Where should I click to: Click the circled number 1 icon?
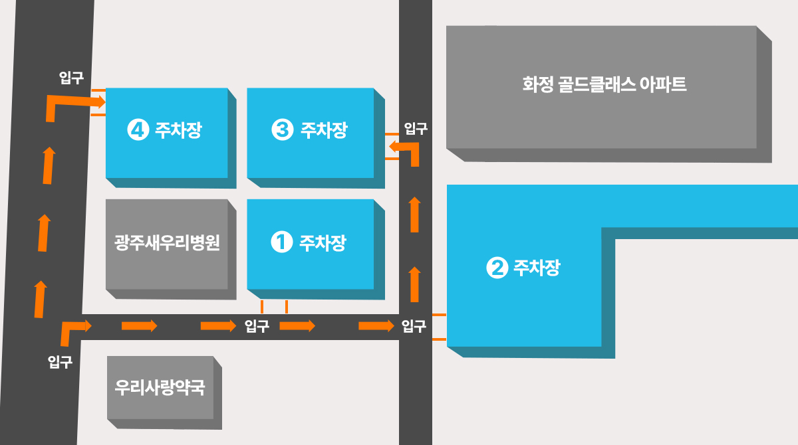click(x=282, y=242)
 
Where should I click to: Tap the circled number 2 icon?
click(x=497, y=268)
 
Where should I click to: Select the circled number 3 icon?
click(x=283, y=130)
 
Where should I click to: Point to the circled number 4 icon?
click(x=138, y=130)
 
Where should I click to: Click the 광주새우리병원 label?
click(x=167, y=243)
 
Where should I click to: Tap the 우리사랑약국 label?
click(x=160, y=387)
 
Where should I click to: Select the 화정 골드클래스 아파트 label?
click(x=604, y=84)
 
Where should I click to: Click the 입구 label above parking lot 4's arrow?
click(x=71, y=78)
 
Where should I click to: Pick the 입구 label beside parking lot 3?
click(x=416, y=128)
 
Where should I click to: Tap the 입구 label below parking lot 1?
click(x=257, y=326)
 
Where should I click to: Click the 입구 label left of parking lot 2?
click(x=414, y=326)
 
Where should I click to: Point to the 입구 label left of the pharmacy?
click(x=60, y=362)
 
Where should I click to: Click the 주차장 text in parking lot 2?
click(x=537, y=268)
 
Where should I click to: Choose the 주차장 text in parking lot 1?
click(x=323, y=243)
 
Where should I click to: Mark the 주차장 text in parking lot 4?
click(x=178, y=130)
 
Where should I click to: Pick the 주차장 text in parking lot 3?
click(x=324, y=130)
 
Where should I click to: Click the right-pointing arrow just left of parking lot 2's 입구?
click(x=376, y=325)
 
